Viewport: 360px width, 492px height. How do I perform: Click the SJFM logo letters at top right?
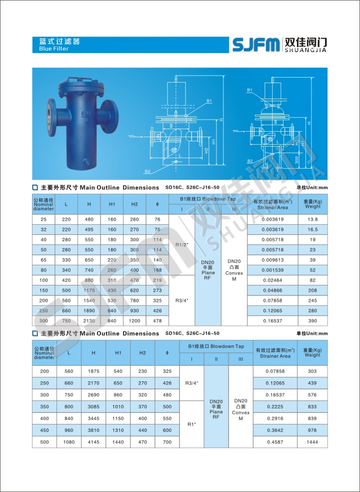(x=255, y=44)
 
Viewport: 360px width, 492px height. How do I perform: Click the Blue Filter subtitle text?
(x=53, y=49)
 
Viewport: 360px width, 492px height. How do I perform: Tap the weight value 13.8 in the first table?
(x=312, y=219)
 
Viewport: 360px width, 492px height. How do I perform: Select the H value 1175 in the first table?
(x=89, y=290)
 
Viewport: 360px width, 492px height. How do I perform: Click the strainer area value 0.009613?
(x=272, y=260)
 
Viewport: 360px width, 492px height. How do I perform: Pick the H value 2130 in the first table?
(x=89, y=320)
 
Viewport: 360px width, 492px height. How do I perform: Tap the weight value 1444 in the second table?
(x=312, y=442)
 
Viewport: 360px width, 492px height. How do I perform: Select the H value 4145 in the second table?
(x=93, y=442)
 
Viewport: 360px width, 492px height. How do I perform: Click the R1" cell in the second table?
(x=191, y=424)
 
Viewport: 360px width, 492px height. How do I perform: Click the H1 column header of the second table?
(x=118, y=353)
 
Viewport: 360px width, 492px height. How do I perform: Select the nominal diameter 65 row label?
(x=43, y=260)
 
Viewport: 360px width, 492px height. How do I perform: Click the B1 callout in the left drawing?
(x=208, y=101)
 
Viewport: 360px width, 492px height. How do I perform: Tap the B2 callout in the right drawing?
(x=249, y=161)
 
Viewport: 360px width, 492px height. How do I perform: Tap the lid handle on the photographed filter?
(x=81, y=81)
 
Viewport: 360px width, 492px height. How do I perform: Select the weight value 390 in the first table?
(x=312, y=320)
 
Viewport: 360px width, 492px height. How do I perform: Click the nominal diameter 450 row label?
(x=44, y=430)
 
